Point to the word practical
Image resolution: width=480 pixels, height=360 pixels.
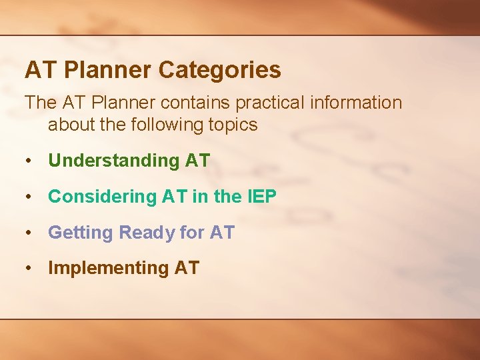click(260, 103)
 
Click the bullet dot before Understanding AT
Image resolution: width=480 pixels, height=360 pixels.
click(29, 161)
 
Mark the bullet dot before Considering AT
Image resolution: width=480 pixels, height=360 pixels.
click(29, 197)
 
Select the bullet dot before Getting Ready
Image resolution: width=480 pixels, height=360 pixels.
click(29, 233)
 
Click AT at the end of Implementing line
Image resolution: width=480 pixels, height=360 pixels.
click(187, 269)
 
